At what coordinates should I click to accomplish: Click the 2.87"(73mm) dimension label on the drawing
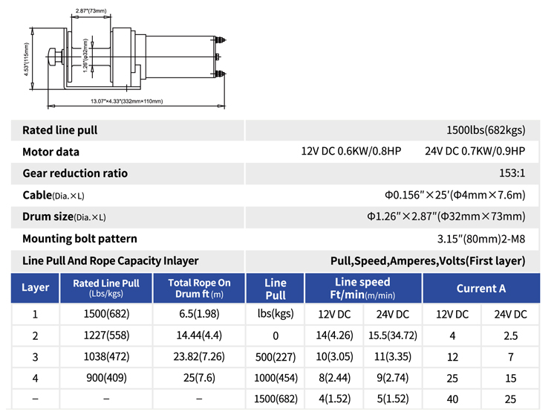tap(91, 10)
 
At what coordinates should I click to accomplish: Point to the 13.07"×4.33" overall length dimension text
tap(126, 101)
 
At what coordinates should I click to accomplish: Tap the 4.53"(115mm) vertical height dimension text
tap(26, 59)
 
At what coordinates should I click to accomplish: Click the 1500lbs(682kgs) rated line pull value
tap(486, 130)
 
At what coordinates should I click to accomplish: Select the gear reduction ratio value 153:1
tap(512, 173)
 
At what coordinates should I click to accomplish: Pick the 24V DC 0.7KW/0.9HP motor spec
tap(475, 151)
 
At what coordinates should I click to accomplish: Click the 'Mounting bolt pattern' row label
tap(79, 238)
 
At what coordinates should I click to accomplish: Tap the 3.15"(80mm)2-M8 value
tap(481, 239)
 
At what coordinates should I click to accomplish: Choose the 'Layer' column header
tap(35, 287)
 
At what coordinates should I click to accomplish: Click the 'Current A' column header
tap(481, 288)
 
